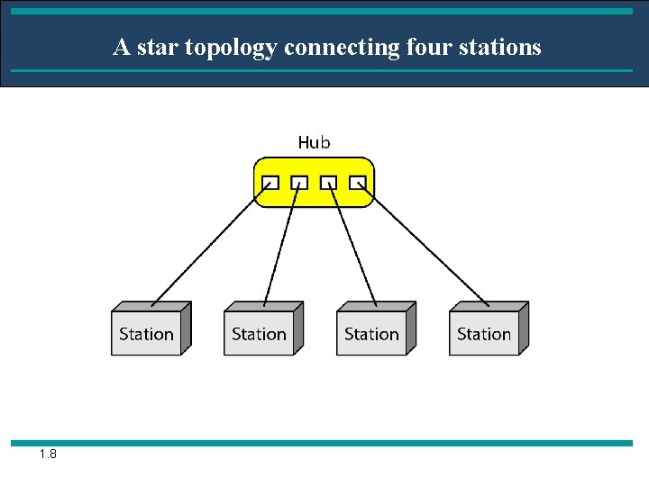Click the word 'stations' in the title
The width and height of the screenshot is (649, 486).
pyautogui.click(x=501, y=47)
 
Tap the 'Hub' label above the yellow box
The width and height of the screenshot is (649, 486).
pyautogui.click(x=314, y=142)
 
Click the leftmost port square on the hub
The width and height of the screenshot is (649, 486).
pyautogui.click(x=269, y=183)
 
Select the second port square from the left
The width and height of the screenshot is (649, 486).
pyautogui.click(x=298, y=183)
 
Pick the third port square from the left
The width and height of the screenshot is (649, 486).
pyautogui.click(x=328, y=183)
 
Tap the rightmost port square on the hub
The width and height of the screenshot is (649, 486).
pyautogui.click(x=358, y=183)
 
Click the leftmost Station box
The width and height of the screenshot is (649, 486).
pyautogui.click(x=146, y=331)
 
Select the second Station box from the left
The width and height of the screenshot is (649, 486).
pyautogui.click(x=259, y=331)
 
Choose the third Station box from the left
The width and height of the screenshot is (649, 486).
pyautogui.click(x=371, y=331)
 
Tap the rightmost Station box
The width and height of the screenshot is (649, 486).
pyautogui.click(x=484, y=331)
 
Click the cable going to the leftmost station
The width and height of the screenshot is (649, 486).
pyautogui.click(x=210, y=243)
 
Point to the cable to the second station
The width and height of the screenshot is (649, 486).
pyautogui.click(x=281, y=243)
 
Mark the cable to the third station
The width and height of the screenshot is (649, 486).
pyautogui.click(x=352, y=243)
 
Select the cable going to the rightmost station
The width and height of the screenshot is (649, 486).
pyautogui.click(x=424, y=243)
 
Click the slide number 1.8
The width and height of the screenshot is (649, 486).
pyautogui.click(x=48, y=454)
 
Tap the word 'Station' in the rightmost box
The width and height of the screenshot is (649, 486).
pyautogui.click(x=484, y=334)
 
